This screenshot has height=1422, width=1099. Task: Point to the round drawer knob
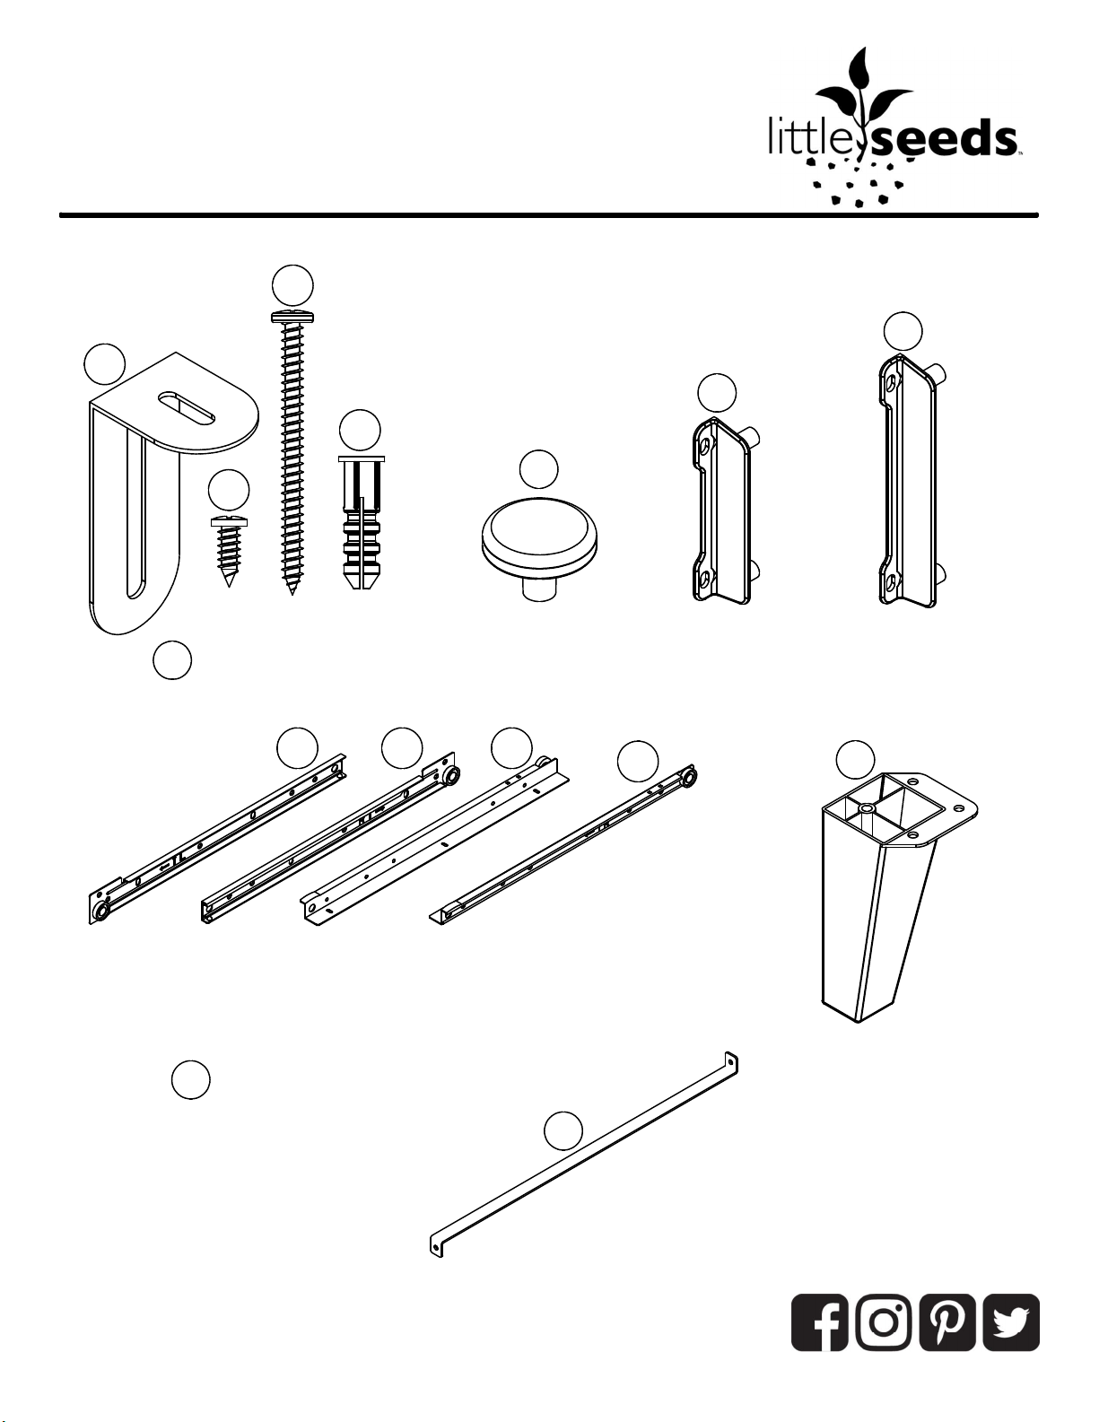point(540,548)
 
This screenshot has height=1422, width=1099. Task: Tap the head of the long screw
point(292,318)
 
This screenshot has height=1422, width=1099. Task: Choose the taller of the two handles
point(911,481)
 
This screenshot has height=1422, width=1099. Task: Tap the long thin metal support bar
point(584,1156)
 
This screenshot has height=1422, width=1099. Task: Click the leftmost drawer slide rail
point(217,839)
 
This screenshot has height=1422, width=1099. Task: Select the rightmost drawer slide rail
point(563,845)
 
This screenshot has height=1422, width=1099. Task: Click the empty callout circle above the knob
point(538,469)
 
